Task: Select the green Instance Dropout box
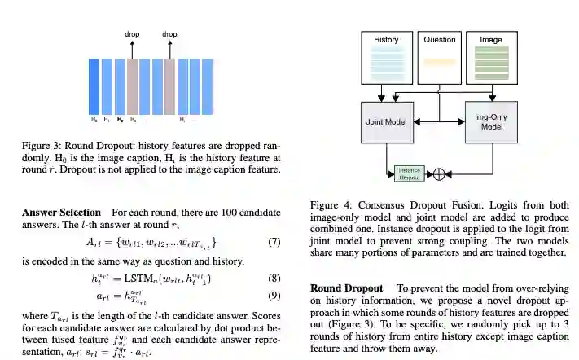tap(410, 173)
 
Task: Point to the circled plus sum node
tap(439, 173)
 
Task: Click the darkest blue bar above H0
tap(94, 86)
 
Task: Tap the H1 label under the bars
tap(107, 120)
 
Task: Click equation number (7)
tap(274, 243)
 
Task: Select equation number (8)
tap(274, 279)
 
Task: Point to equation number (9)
tap(274, 296)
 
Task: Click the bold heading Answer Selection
tap(61, 213)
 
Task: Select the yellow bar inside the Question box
tap(439, 61)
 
